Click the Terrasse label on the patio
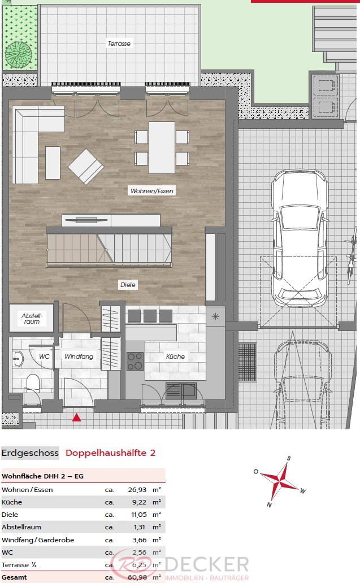[119, 43]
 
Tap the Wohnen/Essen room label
[151, 191]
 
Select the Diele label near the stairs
[128, 285]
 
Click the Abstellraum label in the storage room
[32, 319]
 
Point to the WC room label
[44, 356]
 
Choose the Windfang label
[79, 356]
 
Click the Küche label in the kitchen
[175, 356]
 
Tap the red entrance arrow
[77, 417]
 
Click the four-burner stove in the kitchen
[135, 362]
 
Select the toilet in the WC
[33, 382]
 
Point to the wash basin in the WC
[17, 359]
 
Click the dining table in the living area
[162, 147]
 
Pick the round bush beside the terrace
[19, 55]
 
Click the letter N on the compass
[269, 505]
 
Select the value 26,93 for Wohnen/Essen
[137, 490]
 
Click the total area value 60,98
[137, 577]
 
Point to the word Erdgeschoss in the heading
[30, 453]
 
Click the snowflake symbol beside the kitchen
[215, 317]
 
